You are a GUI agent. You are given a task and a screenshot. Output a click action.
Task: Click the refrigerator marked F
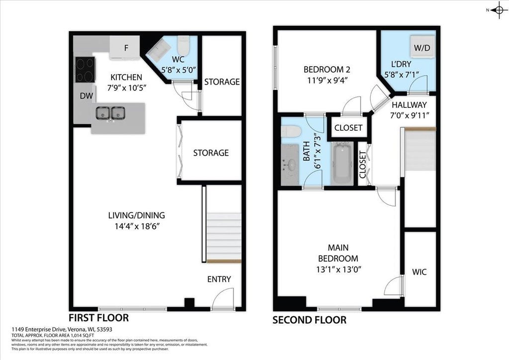click(x=125, y=48)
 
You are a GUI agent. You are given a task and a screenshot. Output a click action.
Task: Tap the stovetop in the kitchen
click(x=85, y=70)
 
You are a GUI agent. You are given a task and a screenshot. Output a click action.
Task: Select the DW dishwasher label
click(x=86, y=96)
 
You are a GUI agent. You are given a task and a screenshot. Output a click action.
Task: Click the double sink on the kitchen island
click(x=111, y=113)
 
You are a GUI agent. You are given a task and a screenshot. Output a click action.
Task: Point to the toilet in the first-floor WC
click(x=183, y=45)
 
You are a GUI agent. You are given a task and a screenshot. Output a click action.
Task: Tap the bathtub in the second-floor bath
click(x=343, y=164)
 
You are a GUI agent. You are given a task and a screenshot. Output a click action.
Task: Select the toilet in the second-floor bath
click(x=291, y=131)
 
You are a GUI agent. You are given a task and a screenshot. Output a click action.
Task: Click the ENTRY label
click(x=219, y=279)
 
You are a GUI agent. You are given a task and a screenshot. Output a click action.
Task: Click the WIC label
click(x=419, y=272)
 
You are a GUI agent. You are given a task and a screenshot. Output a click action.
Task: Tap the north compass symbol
click(x=499, y=10)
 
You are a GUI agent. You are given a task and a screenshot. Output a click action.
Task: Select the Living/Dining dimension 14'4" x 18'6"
click(x=137, y=226)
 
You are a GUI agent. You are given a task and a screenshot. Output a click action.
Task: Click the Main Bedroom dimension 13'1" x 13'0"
click(x=338, y=270)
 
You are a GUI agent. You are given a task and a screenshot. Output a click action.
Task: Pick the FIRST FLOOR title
click(x=99, y=318)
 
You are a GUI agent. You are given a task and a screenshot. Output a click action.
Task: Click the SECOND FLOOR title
click(x=309, y=320)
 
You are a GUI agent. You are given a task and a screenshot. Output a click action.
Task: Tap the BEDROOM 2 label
click(x=327, y=70)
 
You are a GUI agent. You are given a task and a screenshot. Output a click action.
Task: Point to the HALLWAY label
click(x=409, y=105)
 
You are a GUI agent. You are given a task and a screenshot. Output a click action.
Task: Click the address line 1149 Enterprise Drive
click(x=62, y=329)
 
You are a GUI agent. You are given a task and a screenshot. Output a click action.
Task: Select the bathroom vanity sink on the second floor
click(x=290, y=165)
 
